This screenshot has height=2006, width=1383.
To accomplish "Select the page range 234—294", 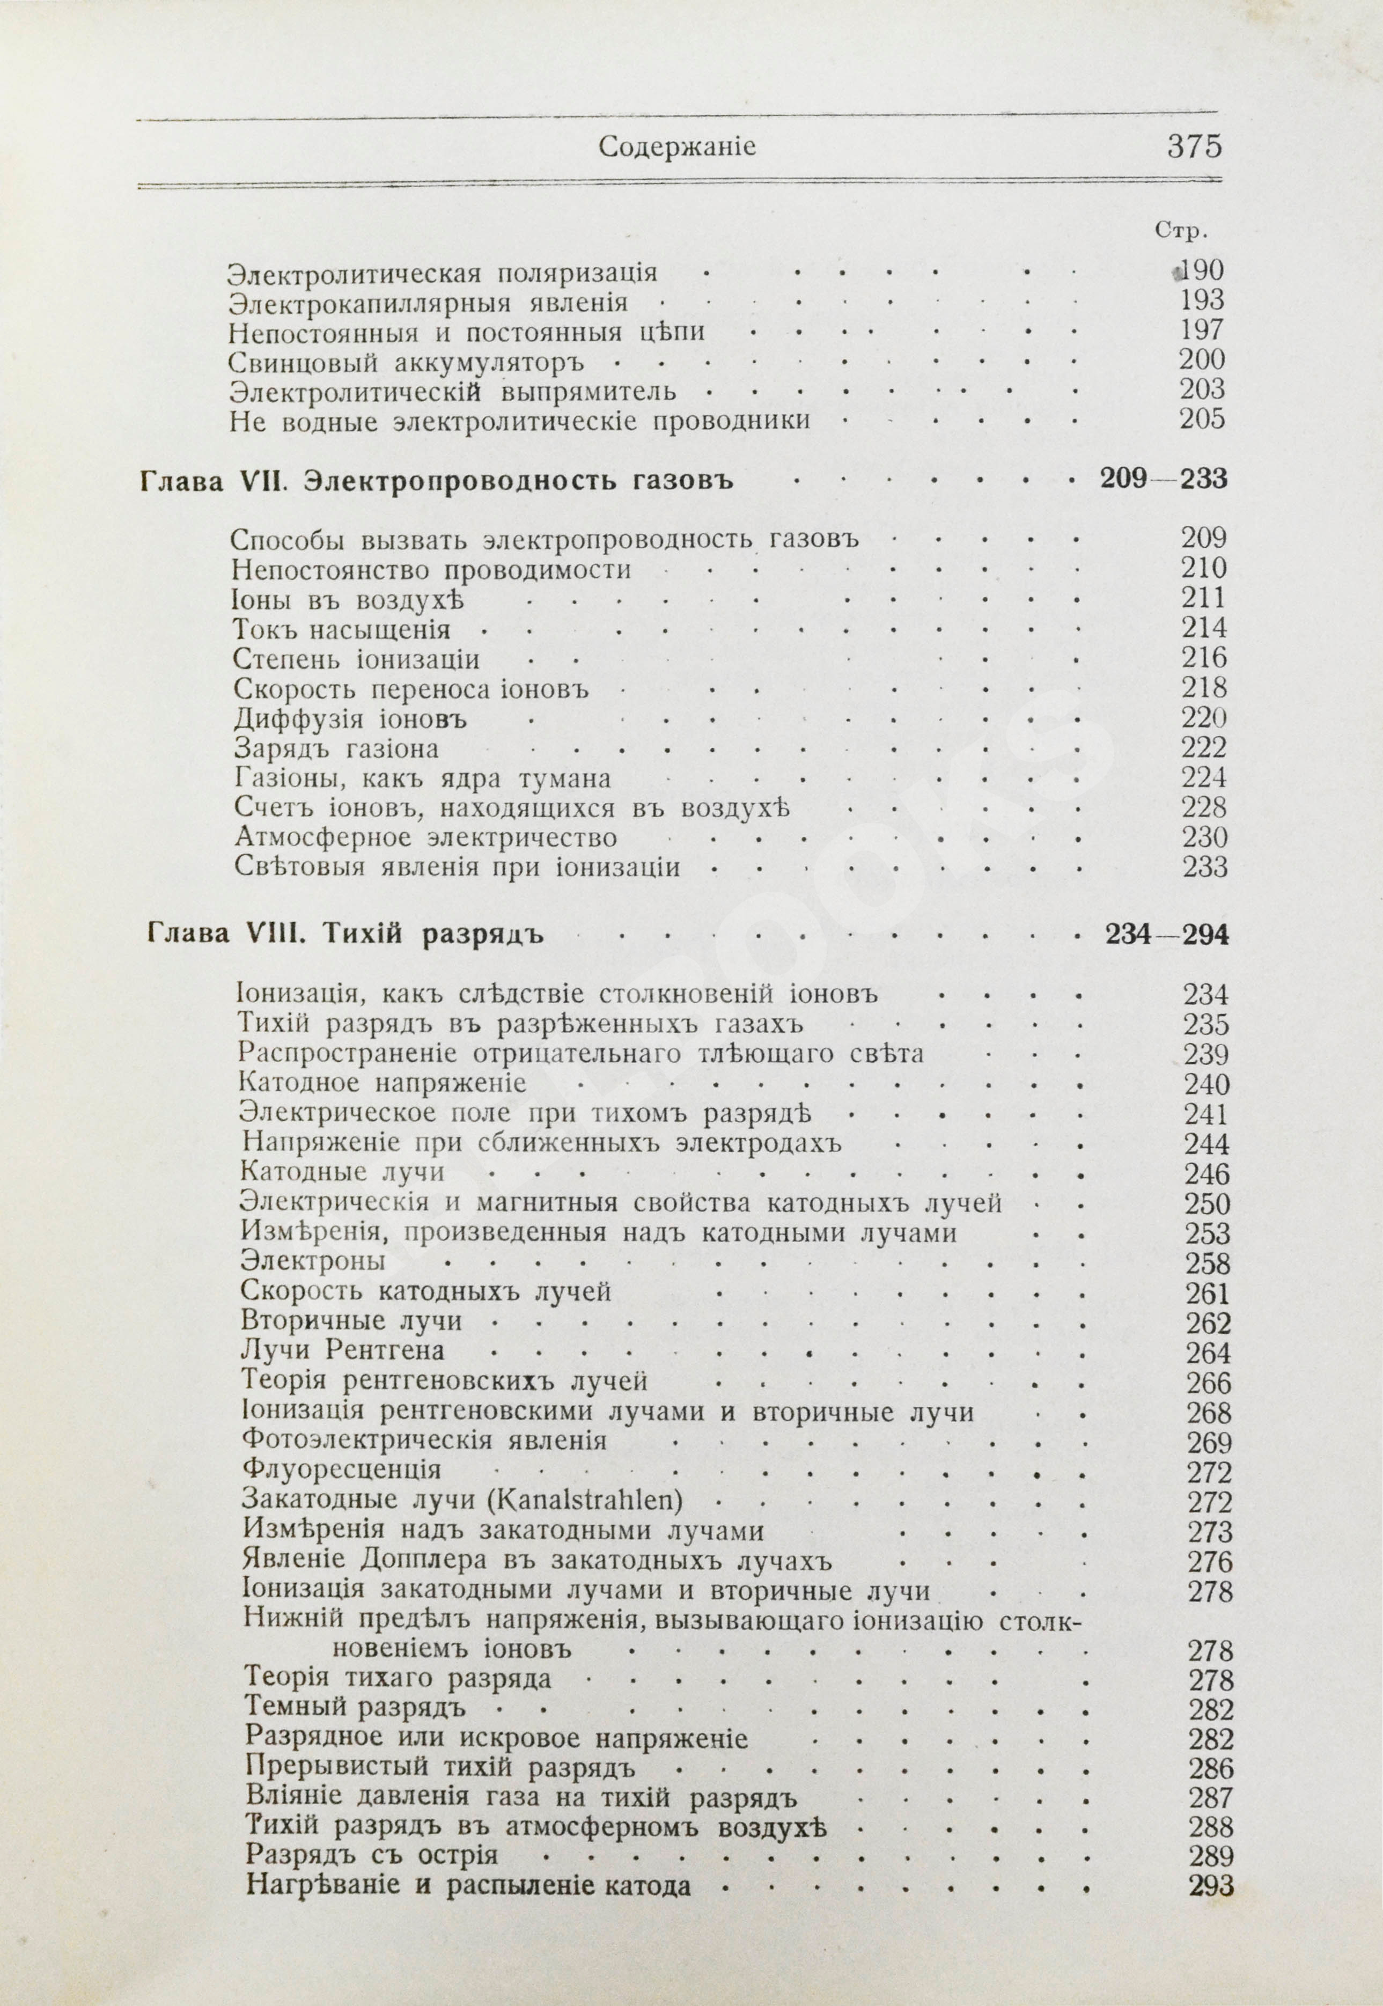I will pyautogui.click(x=1166, y=935).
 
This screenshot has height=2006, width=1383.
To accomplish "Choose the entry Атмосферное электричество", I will pyautogui.click(x=425, y=838).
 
